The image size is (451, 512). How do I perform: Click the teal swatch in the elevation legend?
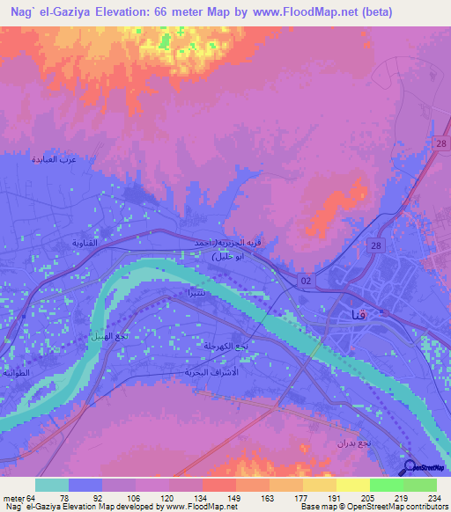52,485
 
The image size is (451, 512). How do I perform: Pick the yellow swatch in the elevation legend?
352,485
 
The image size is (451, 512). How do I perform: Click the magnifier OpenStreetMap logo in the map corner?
411,468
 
